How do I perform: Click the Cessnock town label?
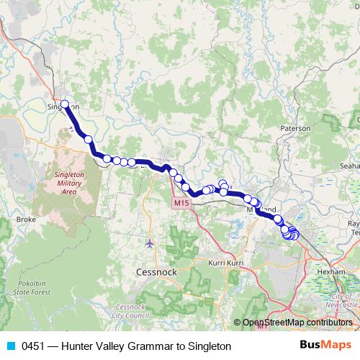[x=153, y=273]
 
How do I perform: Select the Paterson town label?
[x=295, y=128]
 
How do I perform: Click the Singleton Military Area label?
[x=69, y=184]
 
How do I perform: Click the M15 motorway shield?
[x=181, y=204]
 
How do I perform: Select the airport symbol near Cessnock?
[x=149, y=243]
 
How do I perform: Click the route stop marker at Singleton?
[x=65, y=104]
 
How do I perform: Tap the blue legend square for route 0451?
[x=10, y=346]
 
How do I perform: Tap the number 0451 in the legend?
[x=35, y=346]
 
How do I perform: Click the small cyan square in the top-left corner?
[x=2, y=31]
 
